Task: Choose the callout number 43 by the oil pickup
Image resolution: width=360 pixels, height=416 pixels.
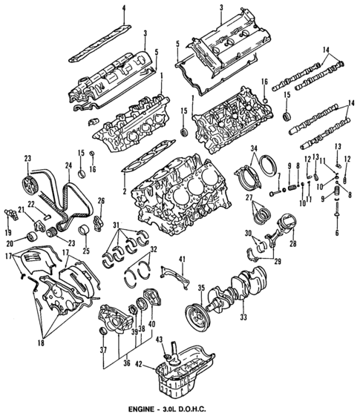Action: (158, 340)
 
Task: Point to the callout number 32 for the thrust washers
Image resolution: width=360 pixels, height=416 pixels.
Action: (154, 250)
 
